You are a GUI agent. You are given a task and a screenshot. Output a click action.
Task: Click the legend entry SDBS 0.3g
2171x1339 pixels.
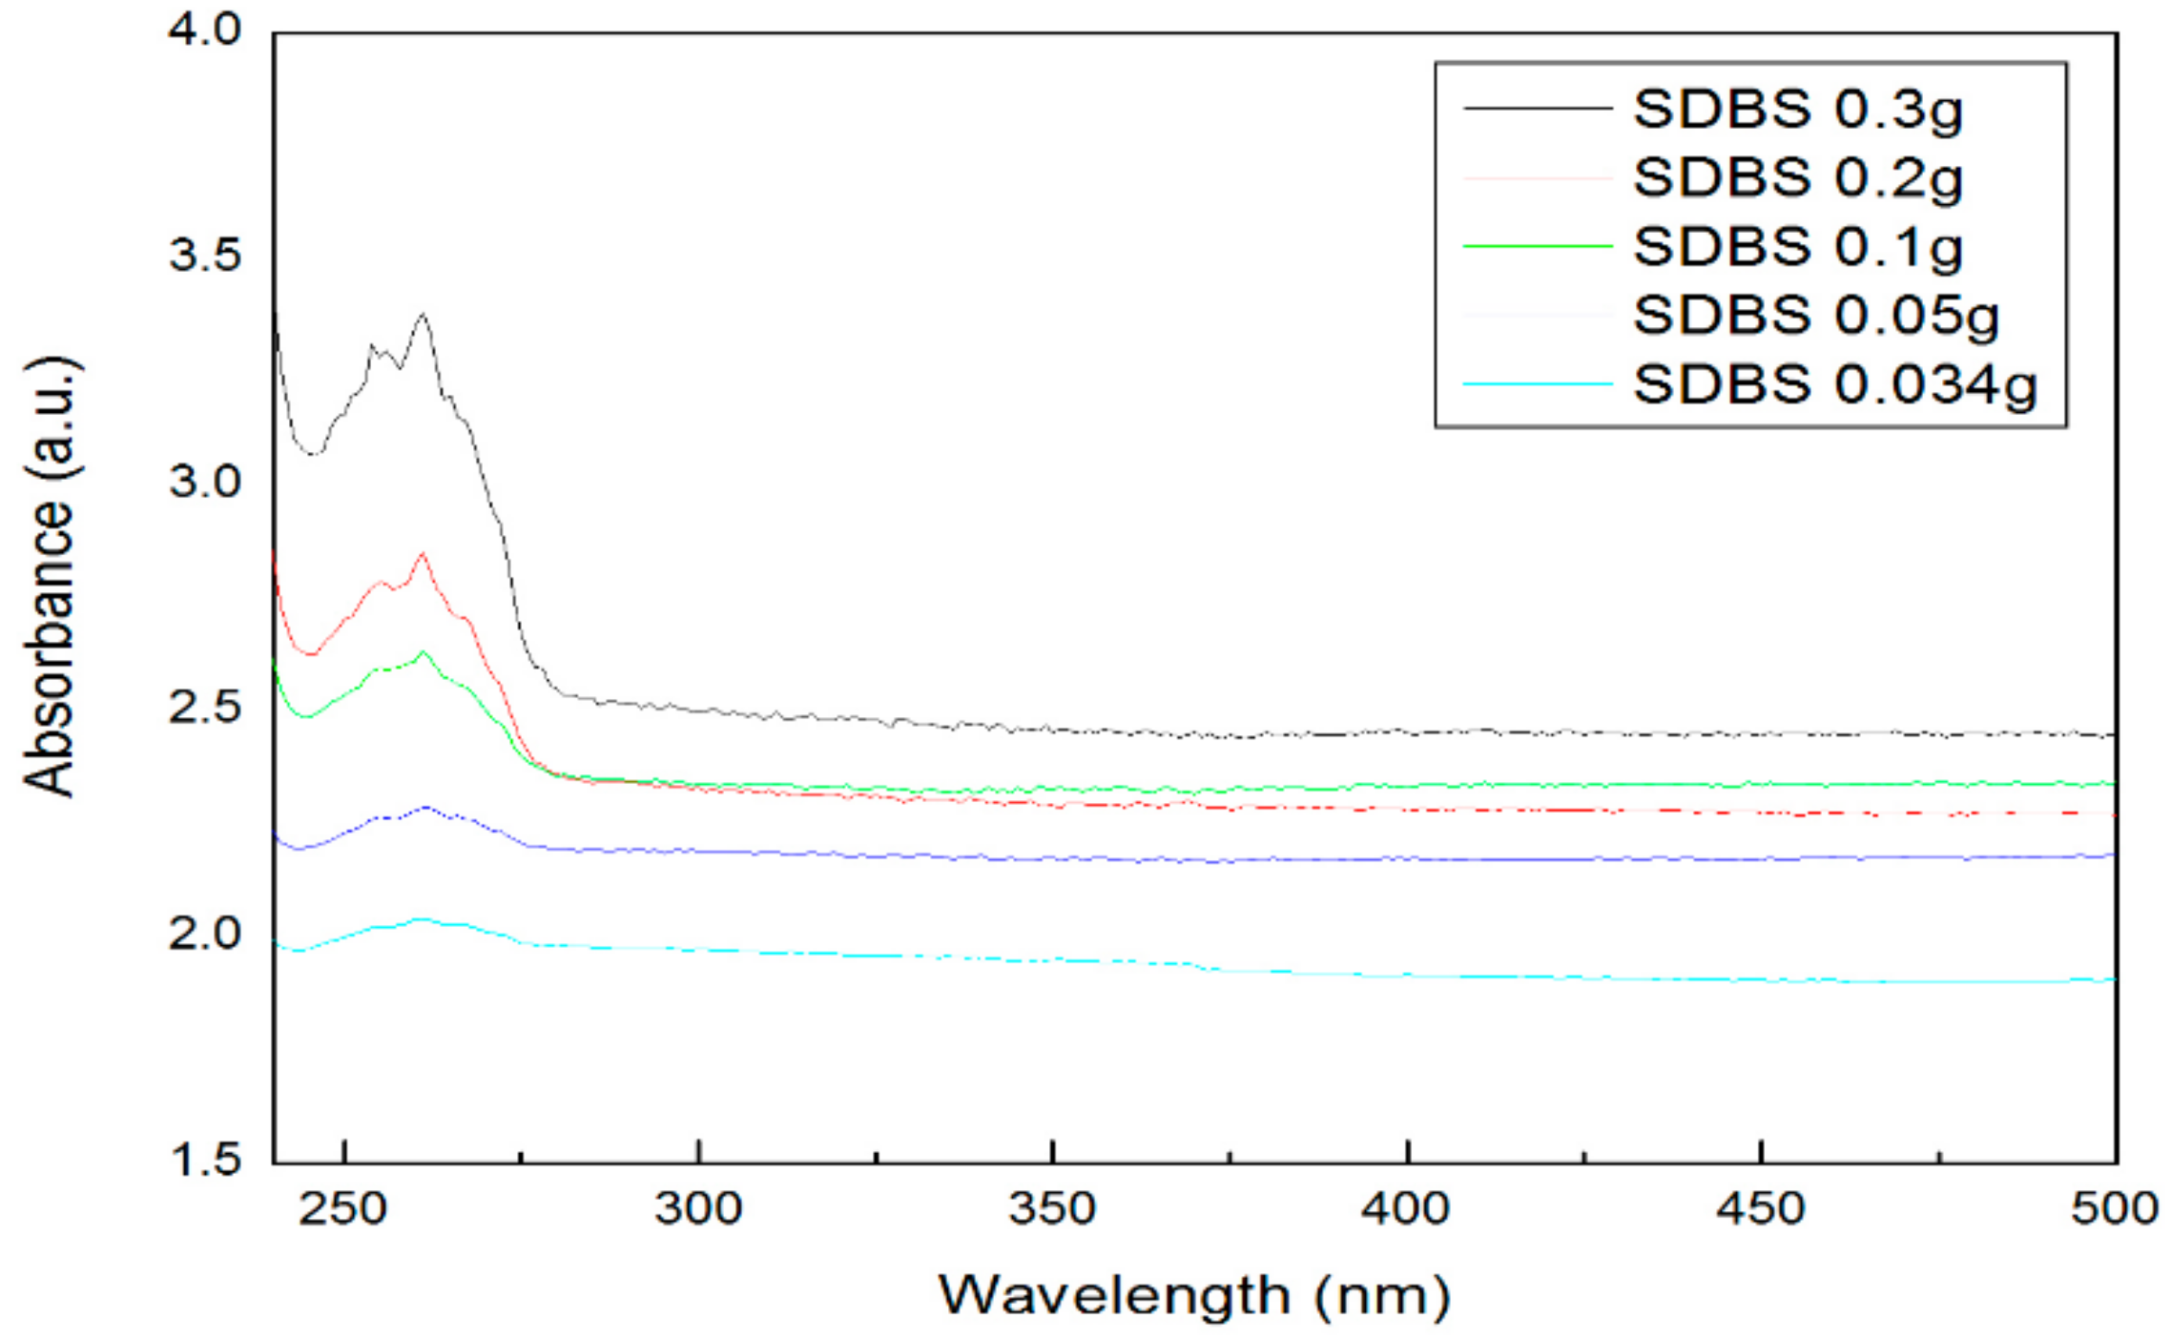(1797, 110)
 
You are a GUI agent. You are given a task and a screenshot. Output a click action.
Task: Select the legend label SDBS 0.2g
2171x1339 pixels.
(1797, 178)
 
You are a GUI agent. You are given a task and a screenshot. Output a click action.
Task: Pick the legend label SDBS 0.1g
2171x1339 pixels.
(1797, 247)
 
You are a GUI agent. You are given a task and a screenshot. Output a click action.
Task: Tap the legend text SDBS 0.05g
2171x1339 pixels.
(1815, 316)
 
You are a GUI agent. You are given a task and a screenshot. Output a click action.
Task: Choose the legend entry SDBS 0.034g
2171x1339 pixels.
(1834, 385)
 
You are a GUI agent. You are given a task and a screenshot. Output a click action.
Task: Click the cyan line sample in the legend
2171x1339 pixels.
(1537, 384)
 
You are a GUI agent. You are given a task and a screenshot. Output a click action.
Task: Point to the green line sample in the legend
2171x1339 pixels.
(1537, 246)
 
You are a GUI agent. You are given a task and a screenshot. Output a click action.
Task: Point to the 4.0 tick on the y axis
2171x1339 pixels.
(204, 31)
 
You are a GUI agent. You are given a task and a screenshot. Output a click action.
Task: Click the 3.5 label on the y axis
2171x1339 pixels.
(204, 257)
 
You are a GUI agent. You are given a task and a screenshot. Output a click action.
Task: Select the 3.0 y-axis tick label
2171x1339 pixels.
(204, 482)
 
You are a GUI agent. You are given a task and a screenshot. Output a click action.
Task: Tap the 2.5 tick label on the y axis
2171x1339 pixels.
(204, 709)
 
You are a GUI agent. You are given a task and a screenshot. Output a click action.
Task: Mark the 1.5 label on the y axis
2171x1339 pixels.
(204, 1160)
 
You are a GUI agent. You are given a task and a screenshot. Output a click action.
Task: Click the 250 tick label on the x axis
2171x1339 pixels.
(343, 1209)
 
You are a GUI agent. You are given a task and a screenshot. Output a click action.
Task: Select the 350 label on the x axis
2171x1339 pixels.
(1052, 1209)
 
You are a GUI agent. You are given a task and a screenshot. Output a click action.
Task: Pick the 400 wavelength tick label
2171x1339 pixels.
(1406, 1209)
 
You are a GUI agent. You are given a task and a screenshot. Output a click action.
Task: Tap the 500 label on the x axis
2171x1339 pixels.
(2114, 1209)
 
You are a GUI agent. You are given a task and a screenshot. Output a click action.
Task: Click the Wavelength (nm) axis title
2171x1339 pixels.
(1194, 1295)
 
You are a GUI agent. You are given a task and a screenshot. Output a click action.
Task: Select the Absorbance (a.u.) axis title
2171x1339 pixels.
(50, 577)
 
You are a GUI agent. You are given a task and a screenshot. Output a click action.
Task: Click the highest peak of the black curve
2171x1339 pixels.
(423, 314)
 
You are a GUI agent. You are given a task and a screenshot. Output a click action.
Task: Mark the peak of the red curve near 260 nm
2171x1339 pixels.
(422, 553)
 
